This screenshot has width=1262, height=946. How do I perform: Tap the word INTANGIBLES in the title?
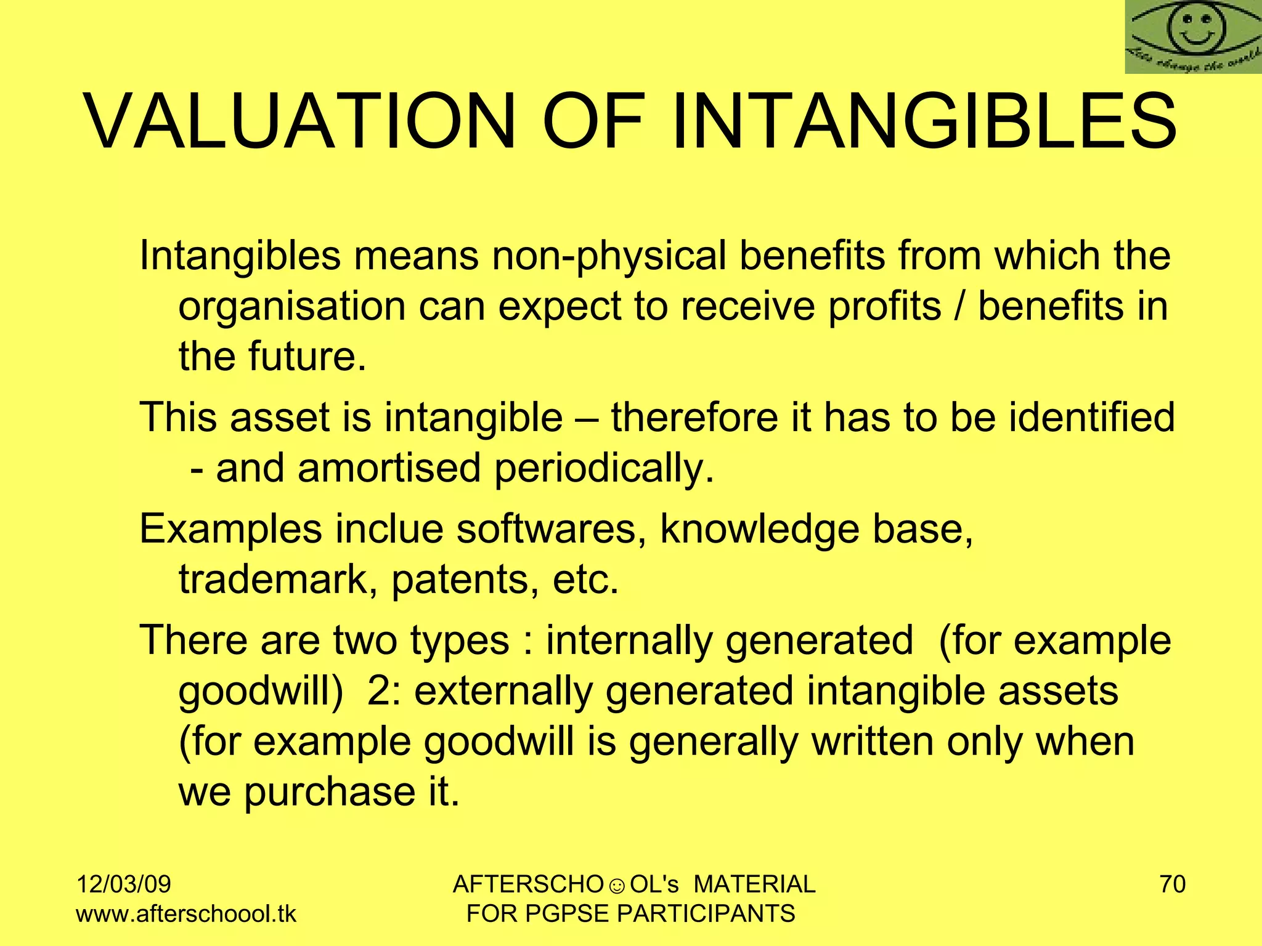(924, 121)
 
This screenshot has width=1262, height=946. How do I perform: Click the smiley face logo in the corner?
(1193, 37)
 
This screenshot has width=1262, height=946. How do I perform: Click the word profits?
(884, 307)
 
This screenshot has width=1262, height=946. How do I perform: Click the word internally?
(629, 641)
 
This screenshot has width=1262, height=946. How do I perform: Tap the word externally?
(503, 691)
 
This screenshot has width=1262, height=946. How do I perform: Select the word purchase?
(330, 792)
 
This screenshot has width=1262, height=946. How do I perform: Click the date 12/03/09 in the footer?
(123, 884)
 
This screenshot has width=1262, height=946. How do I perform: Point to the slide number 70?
(1173, 884)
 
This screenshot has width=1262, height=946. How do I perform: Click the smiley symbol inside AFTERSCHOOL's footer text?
(617, 886)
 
